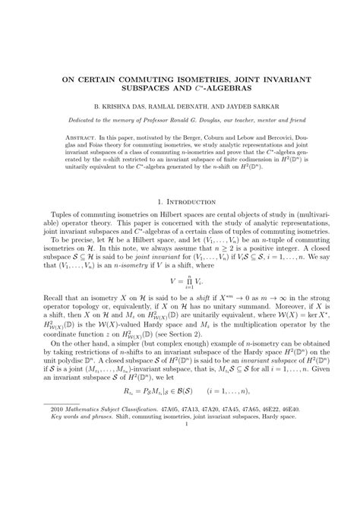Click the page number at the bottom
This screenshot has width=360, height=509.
[x=180, y=490]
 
